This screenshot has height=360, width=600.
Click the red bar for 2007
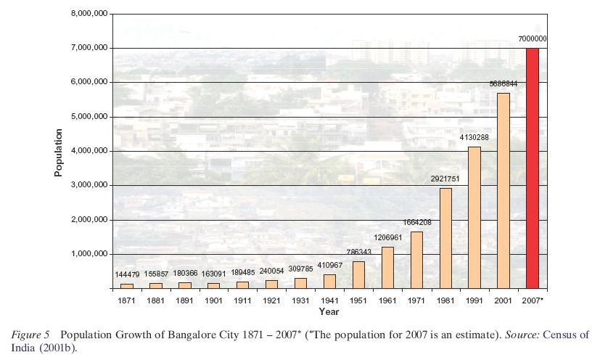coord(533,168)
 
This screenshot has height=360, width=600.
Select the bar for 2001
coord(504,191)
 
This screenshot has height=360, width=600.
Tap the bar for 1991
coord(474,218)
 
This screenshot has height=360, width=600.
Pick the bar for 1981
coord(445,238)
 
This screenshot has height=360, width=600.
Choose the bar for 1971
coord(416,260)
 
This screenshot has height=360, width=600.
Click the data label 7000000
coord(533,39)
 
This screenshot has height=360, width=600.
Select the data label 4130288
coord(474,137)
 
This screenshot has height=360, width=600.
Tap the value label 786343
coord(358,253)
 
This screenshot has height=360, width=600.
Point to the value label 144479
coord(127,274)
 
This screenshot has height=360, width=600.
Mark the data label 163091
coord(213,274)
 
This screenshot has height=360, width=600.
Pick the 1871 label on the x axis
coord(126,300)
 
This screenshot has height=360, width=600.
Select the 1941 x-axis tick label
coord(329,300)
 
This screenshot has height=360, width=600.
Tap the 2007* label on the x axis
coord(533,300)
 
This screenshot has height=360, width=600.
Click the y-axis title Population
coord(59,152)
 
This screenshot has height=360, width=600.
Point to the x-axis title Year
coord(329,312)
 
